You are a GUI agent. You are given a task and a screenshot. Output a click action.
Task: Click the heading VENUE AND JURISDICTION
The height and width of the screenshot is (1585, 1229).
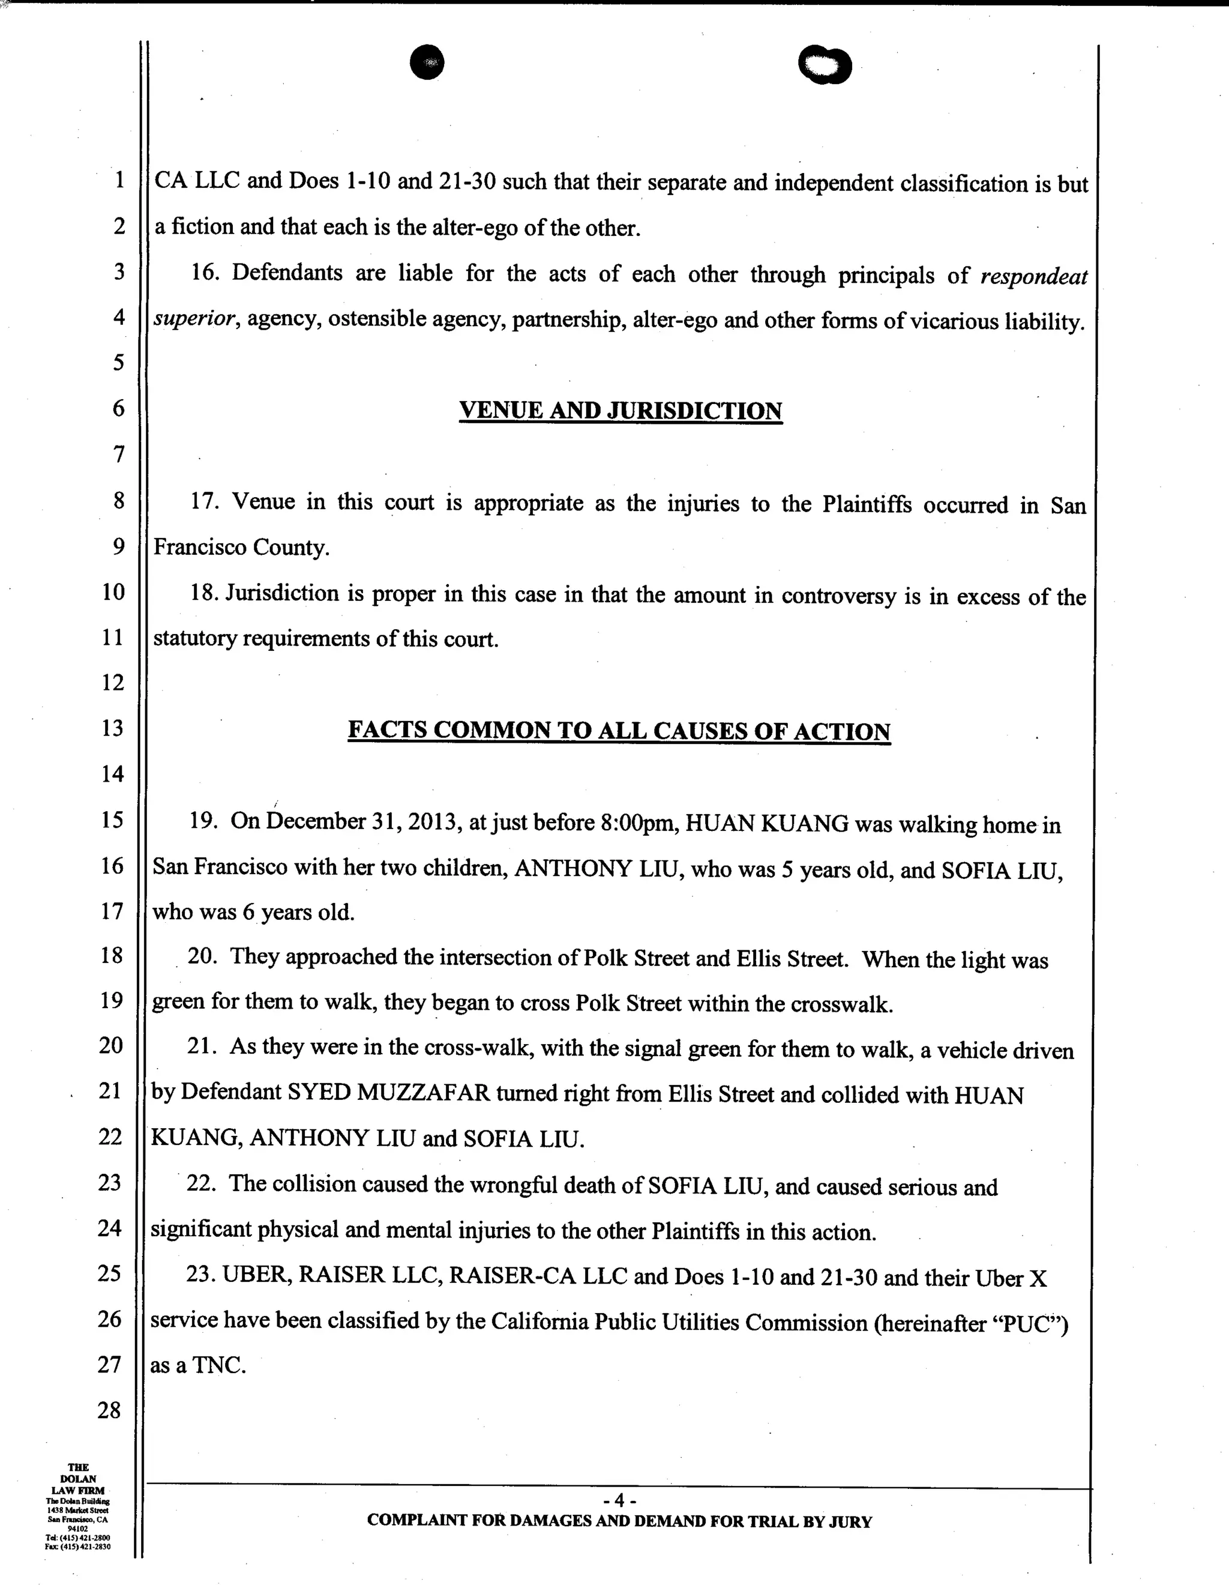pyautogui.click(x=621, y=411)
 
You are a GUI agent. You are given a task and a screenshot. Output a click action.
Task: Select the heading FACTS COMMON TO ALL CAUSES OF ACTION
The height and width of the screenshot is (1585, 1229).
pyautogui.click(x=619, y=730)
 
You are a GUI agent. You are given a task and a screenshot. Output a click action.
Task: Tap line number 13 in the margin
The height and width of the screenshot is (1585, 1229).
pyautogui.click(x=112, y=728)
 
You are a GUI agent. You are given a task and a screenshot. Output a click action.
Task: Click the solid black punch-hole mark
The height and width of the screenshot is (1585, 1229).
pyautogui.click(x=427, y=62)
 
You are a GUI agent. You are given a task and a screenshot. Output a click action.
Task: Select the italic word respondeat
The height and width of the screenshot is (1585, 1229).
pyautogui.click(x=1034, y=277)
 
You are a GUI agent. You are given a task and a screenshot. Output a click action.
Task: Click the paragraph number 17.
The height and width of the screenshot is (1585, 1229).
pyautogui.click(x=205, y=502)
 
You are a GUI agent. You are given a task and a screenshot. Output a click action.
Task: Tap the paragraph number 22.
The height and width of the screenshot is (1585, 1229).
pyautogui.click(x=201, y=1184)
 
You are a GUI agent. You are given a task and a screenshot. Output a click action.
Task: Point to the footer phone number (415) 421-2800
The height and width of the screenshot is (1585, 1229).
pyautogui.click(x=83, y=1538)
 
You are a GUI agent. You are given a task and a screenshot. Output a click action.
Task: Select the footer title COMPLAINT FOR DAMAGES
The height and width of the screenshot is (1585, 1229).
pyautogui.click(x=479, y=1521)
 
